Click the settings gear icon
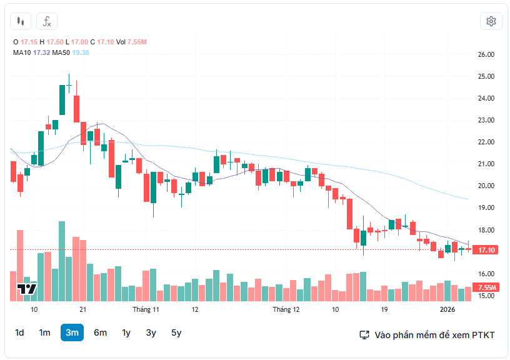point(491,21)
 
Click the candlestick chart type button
point(21,21)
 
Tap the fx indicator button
point(47,21)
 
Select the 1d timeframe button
point(19,332)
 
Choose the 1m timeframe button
point(44,332)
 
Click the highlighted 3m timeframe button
point(72,332)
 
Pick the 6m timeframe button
point(100,332)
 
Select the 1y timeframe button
point(126,332)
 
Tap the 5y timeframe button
point(176,332)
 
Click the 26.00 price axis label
point(486,54)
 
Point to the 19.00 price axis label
point(486,207)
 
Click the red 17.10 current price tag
point(486,250)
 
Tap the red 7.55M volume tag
point(486,287)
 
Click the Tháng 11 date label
point(146,309)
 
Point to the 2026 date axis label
point(447,309)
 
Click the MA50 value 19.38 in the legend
point(81,52)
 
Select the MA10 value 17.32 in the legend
point(41,52)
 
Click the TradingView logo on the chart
point(27,288)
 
